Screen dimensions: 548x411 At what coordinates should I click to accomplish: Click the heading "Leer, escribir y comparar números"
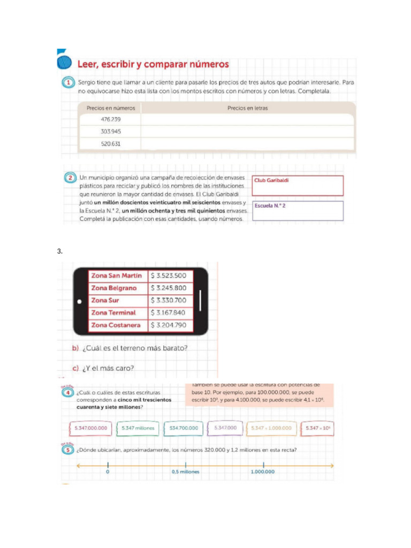click(153, 64)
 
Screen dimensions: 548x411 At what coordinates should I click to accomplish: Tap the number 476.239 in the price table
click(111, 119)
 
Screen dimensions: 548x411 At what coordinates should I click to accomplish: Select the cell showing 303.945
click(111, 131)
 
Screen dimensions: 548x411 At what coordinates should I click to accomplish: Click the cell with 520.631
click(111, 143)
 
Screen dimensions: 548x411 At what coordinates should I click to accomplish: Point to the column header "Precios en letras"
click(247, 108)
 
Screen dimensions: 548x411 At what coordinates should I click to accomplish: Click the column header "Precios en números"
click(110, 108)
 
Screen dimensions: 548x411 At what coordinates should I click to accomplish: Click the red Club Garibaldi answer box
click(297, 186)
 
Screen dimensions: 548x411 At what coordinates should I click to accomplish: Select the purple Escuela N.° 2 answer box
click(297, 210)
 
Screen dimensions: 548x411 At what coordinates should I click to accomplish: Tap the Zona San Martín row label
click(117, 276)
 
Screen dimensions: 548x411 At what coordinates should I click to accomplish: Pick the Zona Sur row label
click(117, 300)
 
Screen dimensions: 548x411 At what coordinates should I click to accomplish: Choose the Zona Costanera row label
click(117, 325)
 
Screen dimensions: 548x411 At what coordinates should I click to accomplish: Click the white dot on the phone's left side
click(79, 301)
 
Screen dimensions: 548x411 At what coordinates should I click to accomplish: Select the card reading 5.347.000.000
click(91, 428)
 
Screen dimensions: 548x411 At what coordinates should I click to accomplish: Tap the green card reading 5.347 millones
click(138, 428)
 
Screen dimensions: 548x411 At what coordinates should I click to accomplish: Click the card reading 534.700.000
click(184, 428)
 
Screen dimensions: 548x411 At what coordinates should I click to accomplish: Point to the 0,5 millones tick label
click(186, 472)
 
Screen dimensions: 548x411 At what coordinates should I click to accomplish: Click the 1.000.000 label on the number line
click(262, 472)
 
